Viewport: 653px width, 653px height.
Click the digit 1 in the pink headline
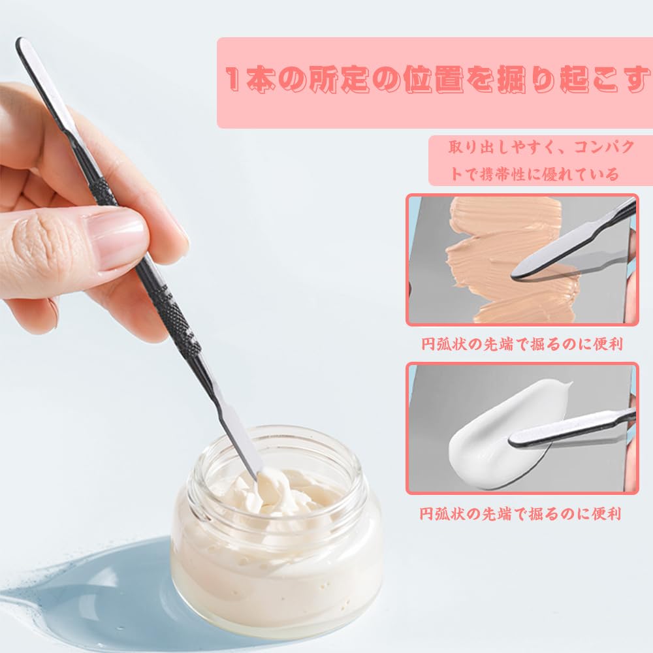coord(233,78)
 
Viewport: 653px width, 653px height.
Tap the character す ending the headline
coord(639,79)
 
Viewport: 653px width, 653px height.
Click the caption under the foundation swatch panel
coord(522,344)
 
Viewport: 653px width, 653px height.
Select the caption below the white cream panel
coord(520,513)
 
